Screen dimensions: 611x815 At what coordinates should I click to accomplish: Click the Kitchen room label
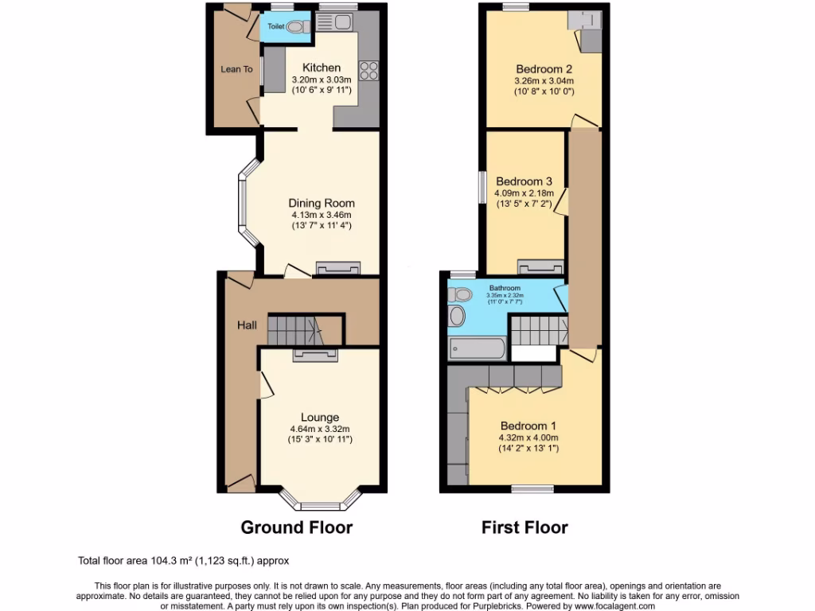pos(321,68)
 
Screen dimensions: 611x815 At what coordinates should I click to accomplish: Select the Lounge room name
pos(320,418)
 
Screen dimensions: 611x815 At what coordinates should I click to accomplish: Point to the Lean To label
pos(236,70)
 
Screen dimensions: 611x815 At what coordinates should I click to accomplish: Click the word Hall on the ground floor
pos(246,325)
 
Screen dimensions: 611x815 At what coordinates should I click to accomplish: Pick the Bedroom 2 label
pos(544,68)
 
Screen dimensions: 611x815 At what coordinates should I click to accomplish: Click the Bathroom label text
pos(505,288)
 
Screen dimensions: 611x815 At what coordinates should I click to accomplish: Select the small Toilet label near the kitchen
pos(275,27)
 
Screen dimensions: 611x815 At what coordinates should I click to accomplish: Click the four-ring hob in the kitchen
pos(369,72)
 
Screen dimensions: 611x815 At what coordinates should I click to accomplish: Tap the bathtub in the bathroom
pos(477,348)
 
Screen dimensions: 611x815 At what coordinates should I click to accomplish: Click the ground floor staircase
pos(293,329)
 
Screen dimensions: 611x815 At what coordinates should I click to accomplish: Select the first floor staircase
pos(538,329)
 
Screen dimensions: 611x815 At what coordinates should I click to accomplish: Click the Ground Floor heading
pos(297,527)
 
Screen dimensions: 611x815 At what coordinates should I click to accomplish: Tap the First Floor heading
pos(524,527)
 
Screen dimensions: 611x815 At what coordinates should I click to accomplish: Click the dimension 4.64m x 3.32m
pos(320,429)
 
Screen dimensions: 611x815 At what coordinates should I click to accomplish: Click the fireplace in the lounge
pos(316,355)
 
